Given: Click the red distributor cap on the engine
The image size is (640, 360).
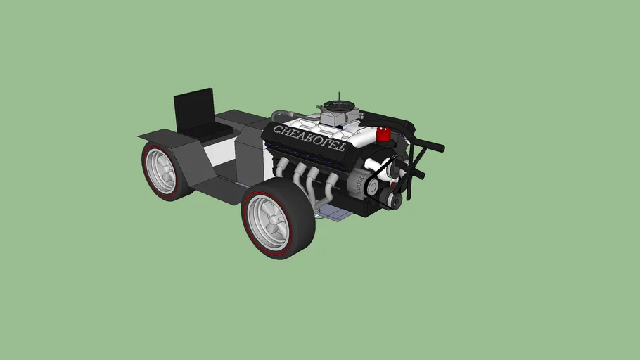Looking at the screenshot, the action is pos(383,134).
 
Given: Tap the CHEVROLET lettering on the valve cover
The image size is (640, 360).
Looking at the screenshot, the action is pos(309,138).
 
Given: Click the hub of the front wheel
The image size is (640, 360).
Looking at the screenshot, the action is pos(268,223).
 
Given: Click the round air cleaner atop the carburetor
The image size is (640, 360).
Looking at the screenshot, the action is pos(340,106).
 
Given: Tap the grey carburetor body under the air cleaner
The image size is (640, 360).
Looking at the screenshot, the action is pos(339,117).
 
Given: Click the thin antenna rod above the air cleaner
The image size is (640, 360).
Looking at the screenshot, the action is pos(339,97).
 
